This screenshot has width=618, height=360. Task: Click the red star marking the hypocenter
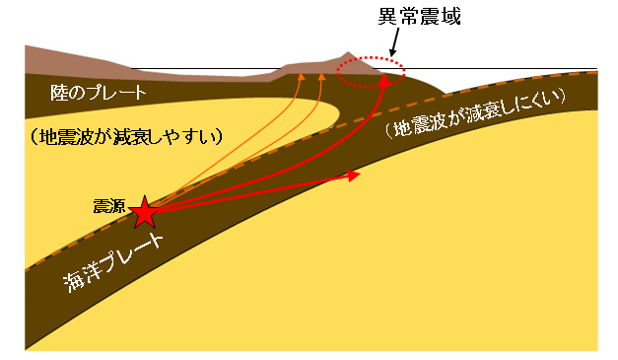click(145, 212)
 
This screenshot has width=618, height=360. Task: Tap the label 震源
click(109, 206)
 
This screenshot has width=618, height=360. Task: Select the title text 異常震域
click(419, 17)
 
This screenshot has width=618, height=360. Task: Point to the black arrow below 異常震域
click(395, 42)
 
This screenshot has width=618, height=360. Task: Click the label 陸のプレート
click(99, 93)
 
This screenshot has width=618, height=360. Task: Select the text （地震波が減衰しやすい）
click(126, 137)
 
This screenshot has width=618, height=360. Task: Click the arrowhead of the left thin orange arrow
click(302, 77)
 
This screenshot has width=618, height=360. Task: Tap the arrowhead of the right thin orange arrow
click(322, 77)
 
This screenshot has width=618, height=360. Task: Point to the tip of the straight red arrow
click(360, 174)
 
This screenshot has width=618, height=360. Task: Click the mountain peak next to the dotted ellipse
click(347, 51)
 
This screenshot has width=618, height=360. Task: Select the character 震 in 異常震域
click(430, 17)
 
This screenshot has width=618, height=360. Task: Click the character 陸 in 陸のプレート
click(58, 93)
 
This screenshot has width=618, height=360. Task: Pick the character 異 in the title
click(387, 17)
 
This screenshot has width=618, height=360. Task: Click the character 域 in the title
click(451, 17)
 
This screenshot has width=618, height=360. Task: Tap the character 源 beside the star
click(117, 206)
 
